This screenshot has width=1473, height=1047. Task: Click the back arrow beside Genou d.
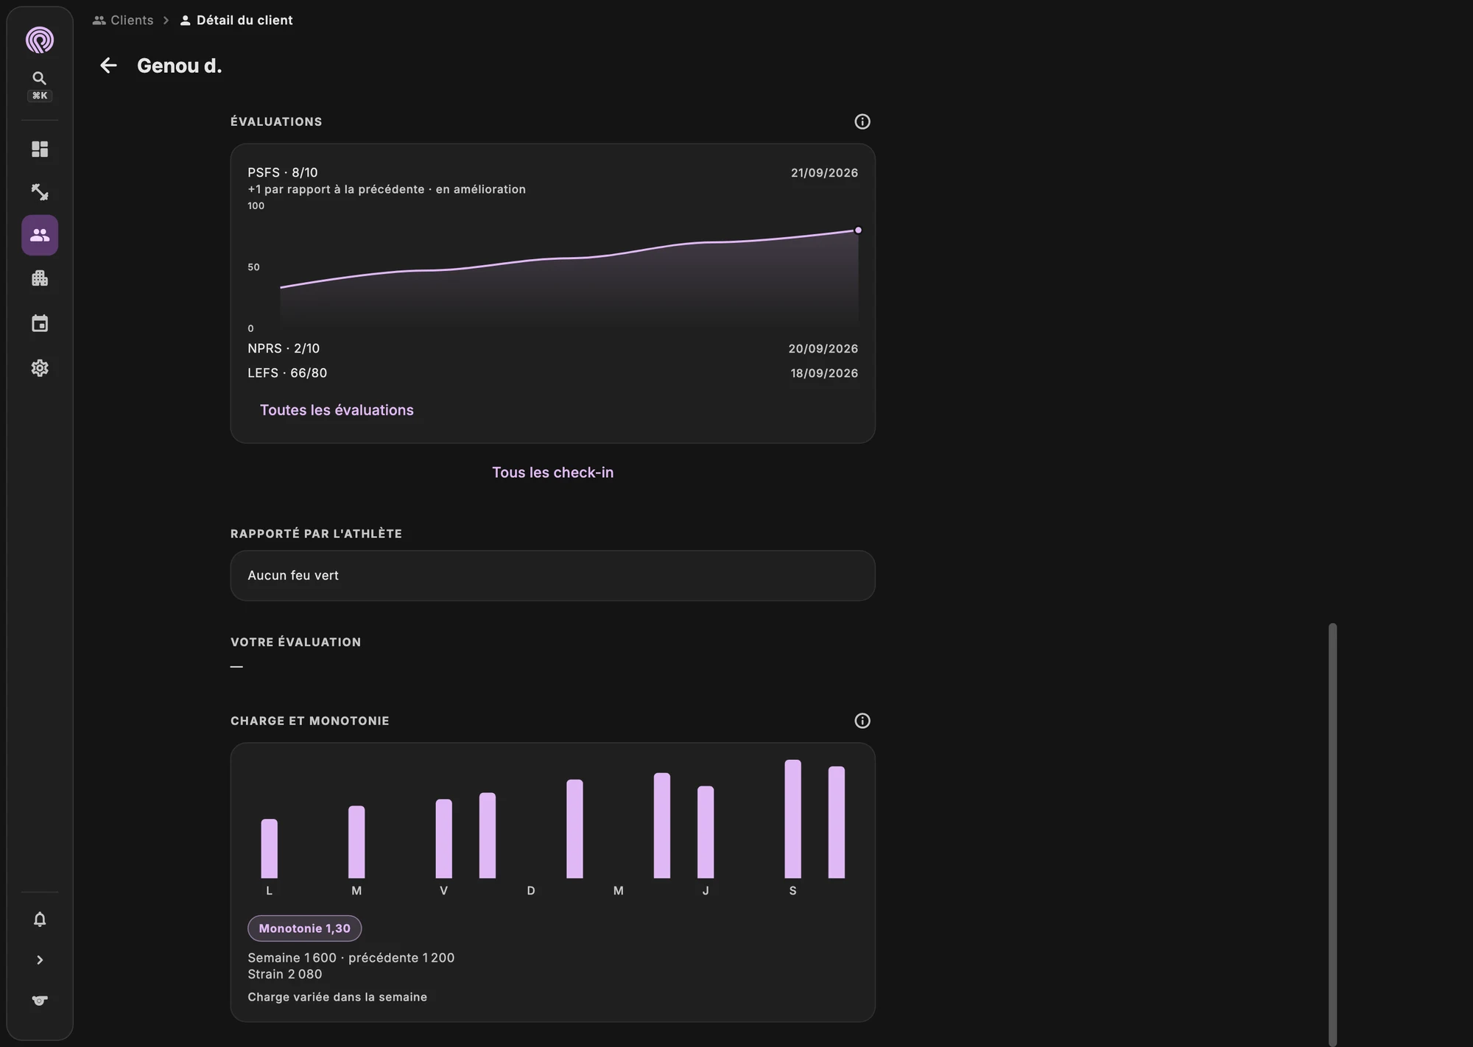[x=108, y=66]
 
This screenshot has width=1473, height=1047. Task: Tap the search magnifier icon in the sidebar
[x=40, y=78]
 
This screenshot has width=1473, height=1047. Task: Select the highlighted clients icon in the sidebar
[x=40, y=235]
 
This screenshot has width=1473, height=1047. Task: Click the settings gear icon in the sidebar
[x=40, y=368]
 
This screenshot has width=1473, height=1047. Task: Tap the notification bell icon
[x=40, y=920]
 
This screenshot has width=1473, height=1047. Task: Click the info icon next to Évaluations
[x=862, y=121]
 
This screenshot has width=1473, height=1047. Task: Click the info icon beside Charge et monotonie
[x=862, y=721]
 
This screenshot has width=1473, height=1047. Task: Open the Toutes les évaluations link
[x=337, y=410]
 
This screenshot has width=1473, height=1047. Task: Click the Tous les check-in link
[x=552, y=473]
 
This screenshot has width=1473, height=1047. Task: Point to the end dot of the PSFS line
[x=858, y=230]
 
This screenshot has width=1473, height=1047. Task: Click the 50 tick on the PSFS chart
[x=253, y=267]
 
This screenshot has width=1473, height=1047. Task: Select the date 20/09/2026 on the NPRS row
[x=823, y=349]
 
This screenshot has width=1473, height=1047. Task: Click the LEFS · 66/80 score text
[x=287, y=373]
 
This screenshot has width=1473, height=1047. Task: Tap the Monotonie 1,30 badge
[x=304, y=928]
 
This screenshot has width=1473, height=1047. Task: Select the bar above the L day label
[x=270, y=849]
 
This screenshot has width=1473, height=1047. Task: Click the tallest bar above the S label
[x=792, y=819]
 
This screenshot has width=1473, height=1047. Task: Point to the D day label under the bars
[x=531, y=891]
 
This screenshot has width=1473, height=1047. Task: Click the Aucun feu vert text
[x=293, y=576]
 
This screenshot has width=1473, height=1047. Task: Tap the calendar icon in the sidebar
[x=40, y=323]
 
